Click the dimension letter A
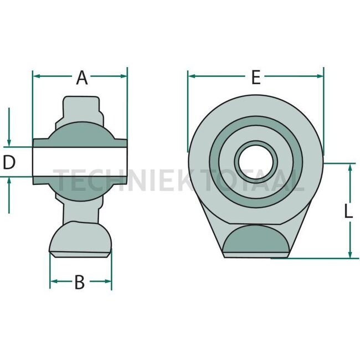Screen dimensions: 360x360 coord(82,78)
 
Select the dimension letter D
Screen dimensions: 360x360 coord(9,162)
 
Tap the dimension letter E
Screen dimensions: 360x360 coord(255,78)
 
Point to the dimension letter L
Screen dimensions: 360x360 coord(347,211)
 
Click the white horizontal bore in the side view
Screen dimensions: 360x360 coord(80,162)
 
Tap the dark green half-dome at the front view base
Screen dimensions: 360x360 coord(256,239)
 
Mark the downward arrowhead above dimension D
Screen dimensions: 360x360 coord(9,143)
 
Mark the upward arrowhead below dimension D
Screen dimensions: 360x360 coord(9,181)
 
